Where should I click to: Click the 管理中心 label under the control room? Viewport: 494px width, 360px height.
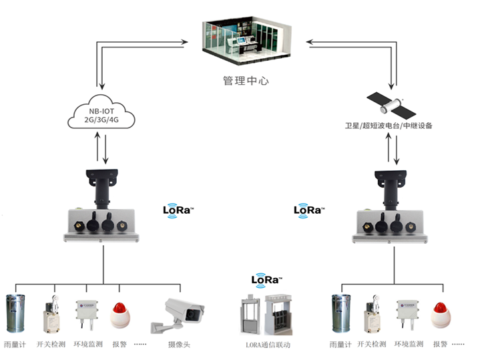click(x=247, y=80)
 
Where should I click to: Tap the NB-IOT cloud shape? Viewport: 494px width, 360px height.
click(x=101, y=114)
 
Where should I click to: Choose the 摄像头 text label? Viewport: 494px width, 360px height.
click(x=180, y=345)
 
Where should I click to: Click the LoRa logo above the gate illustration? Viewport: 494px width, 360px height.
click(x=266, y=280)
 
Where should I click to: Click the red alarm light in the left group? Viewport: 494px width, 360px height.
click(x=119, y=313)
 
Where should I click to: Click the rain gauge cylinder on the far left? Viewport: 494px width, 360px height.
click(x=16, y=313)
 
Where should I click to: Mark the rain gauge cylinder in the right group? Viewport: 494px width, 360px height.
click(x=342, y=313)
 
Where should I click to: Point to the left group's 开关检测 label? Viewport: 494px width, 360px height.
click(x=51, y=345)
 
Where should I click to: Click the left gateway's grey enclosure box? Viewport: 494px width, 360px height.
click(x=101, y=224)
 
